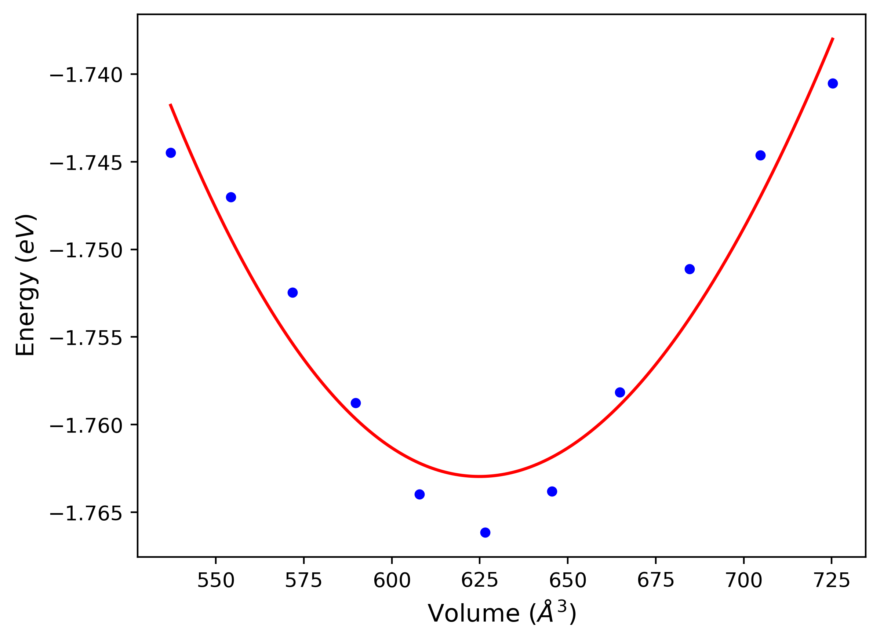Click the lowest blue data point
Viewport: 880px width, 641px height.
click(x=485, y=532)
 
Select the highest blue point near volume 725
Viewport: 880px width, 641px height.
click(x=833, y=83)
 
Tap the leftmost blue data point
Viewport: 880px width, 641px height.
click(x=171, y=153)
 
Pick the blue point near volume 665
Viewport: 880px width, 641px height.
click(x=620, y=392)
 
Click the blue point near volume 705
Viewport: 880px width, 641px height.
click(x=760, y=156)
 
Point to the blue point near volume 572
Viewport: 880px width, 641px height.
click(x=292, y=292)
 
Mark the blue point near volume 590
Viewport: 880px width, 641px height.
click(x=356, y=403)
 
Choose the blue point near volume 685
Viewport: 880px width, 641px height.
click(x=690, y=269)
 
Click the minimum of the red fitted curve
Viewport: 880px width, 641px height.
click(x=480, y=476)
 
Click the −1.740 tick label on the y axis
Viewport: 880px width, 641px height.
click(x=86, y=75)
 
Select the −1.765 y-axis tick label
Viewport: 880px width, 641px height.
click(x=86, y=514)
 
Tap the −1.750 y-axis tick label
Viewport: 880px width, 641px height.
click(x=86, y=251)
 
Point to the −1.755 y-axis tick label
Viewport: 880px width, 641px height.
click(x=86, y=338)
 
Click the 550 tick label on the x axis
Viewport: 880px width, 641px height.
click(x=216, y=581)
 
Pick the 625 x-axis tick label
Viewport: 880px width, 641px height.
click(x=480, y=581)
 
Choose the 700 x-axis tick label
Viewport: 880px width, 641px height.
click(x=744, y=581)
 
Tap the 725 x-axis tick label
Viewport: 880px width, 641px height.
click(x=832, y=581)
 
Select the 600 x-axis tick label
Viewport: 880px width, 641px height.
click(x=392, y=581)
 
